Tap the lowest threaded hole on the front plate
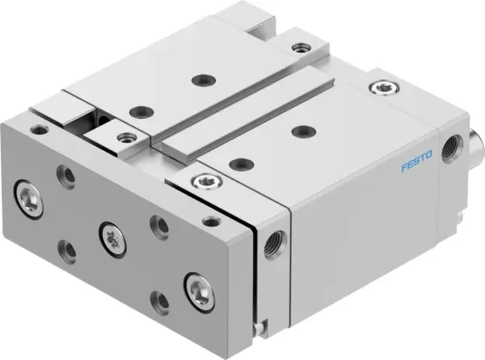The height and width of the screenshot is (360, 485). click(x=158, y=302)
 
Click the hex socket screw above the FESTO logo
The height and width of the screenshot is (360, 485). click(x=377, y=88)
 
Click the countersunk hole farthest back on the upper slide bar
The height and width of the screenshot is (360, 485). click(x=197, y=79)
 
